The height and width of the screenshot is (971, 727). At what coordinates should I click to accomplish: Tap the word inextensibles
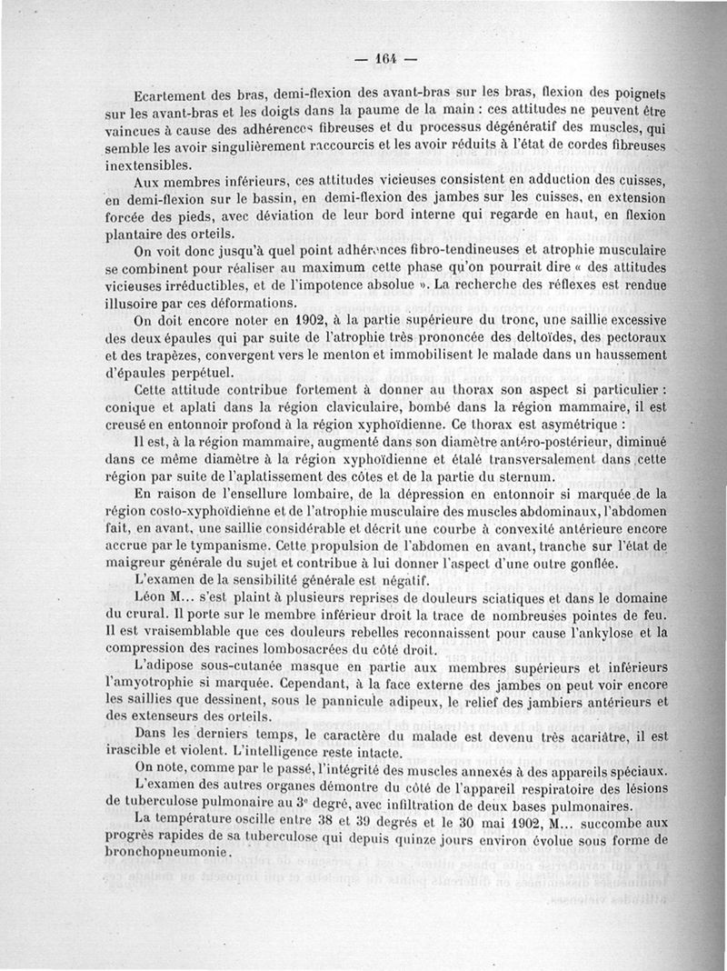click(x=149, y=165)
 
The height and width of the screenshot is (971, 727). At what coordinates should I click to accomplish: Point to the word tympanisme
click(x=232, y=546)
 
